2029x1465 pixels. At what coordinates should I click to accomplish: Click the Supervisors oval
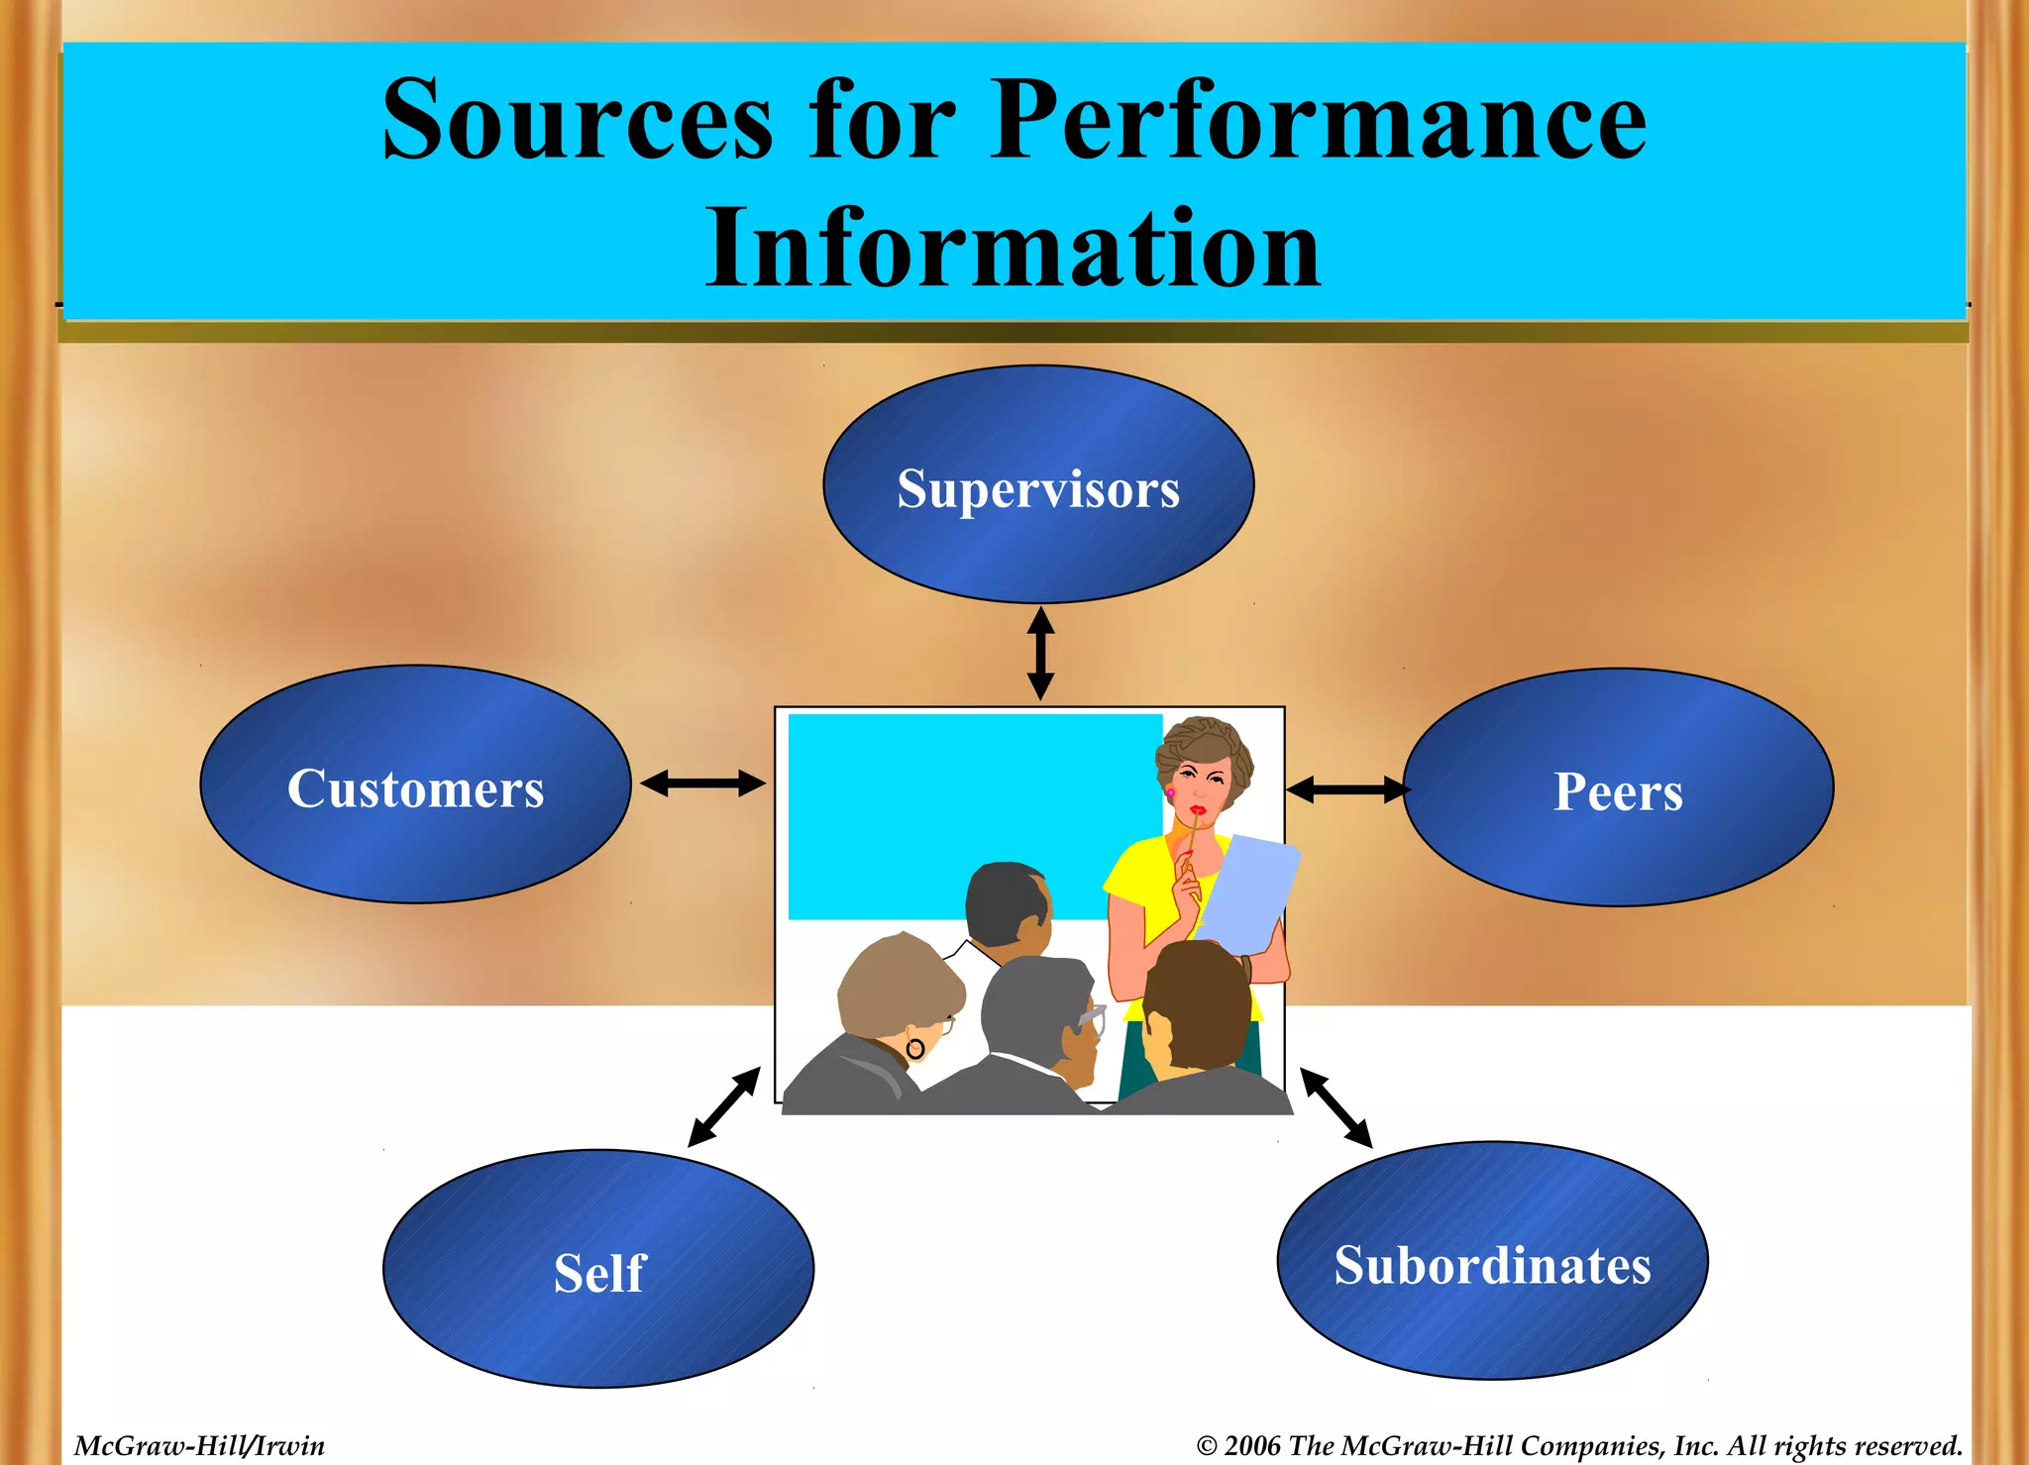pyautogui.click(x=1038, y=485)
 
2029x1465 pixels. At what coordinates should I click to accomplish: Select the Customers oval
pyautogui.click(x=415, y=785)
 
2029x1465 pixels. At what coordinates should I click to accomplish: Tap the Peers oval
pyautogui.click(x=1618, y=788)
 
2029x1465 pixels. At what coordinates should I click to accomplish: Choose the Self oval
pyautogui.click(x=598, y=1270)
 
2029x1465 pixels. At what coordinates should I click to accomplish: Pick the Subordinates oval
pyautogui.click(x=1492, y=1262)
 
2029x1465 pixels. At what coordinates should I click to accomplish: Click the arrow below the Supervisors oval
pyautogui.click(x=1040, y=654)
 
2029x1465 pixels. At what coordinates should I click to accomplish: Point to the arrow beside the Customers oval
pyautogui.click(x=702, y=785)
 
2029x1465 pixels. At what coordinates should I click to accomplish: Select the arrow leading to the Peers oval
pyautogui.click(x=1347, y=789)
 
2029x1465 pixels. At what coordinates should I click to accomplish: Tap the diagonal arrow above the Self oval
pyautogui.click(x=724, y=1107)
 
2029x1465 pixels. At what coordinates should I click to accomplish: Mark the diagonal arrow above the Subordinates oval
pyautogui.click(x=1335, y=1107)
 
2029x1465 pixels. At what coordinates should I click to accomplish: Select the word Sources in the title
pyautogui.click(x=577, y=121)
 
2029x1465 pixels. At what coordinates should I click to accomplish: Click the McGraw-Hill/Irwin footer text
pyautogui.click(x=199, y=1446)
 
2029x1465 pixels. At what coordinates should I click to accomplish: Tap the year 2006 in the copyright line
pyautogui.click(x=1252, y=1446)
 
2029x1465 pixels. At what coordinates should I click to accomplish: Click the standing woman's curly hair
pyautogui.click(x=1203, y=743)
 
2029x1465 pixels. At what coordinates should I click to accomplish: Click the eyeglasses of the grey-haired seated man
pyautogui.click(x=1091, y=1017)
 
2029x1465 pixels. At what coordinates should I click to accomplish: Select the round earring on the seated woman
pyautogui.click(x=915, y=1048)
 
